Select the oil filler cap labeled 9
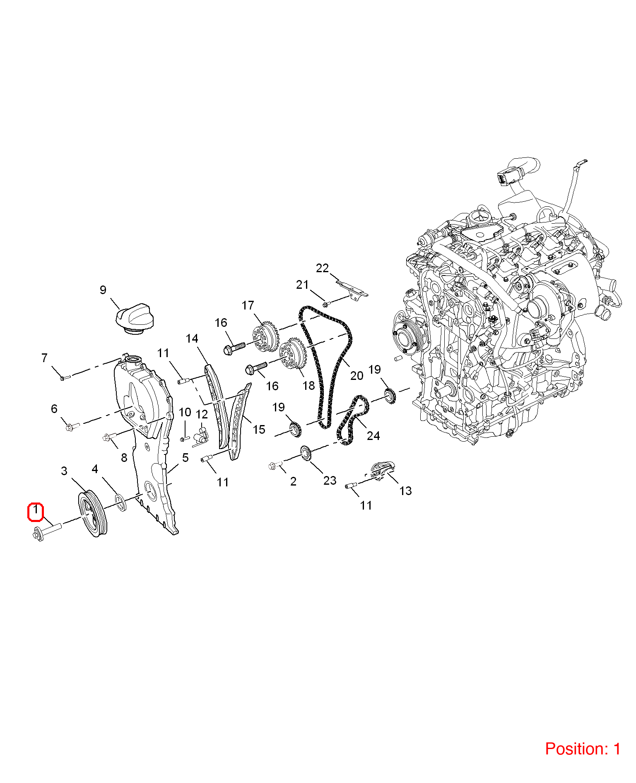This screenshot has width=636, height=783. point(135,319)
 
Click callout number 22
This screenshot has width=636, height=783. point(322,268)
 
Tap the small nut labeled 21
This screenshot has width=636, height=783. point(325,304)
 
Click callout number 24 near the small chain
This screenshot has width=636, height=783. point(373,435)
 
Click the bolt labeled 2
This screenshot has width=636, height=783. point(275,465)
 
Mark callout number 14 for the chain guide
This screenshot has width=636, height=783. point(192,338)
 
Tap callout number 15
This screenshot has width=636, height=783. point(259,429)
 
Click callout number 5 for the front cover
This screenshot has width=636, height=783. point(185,457)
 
